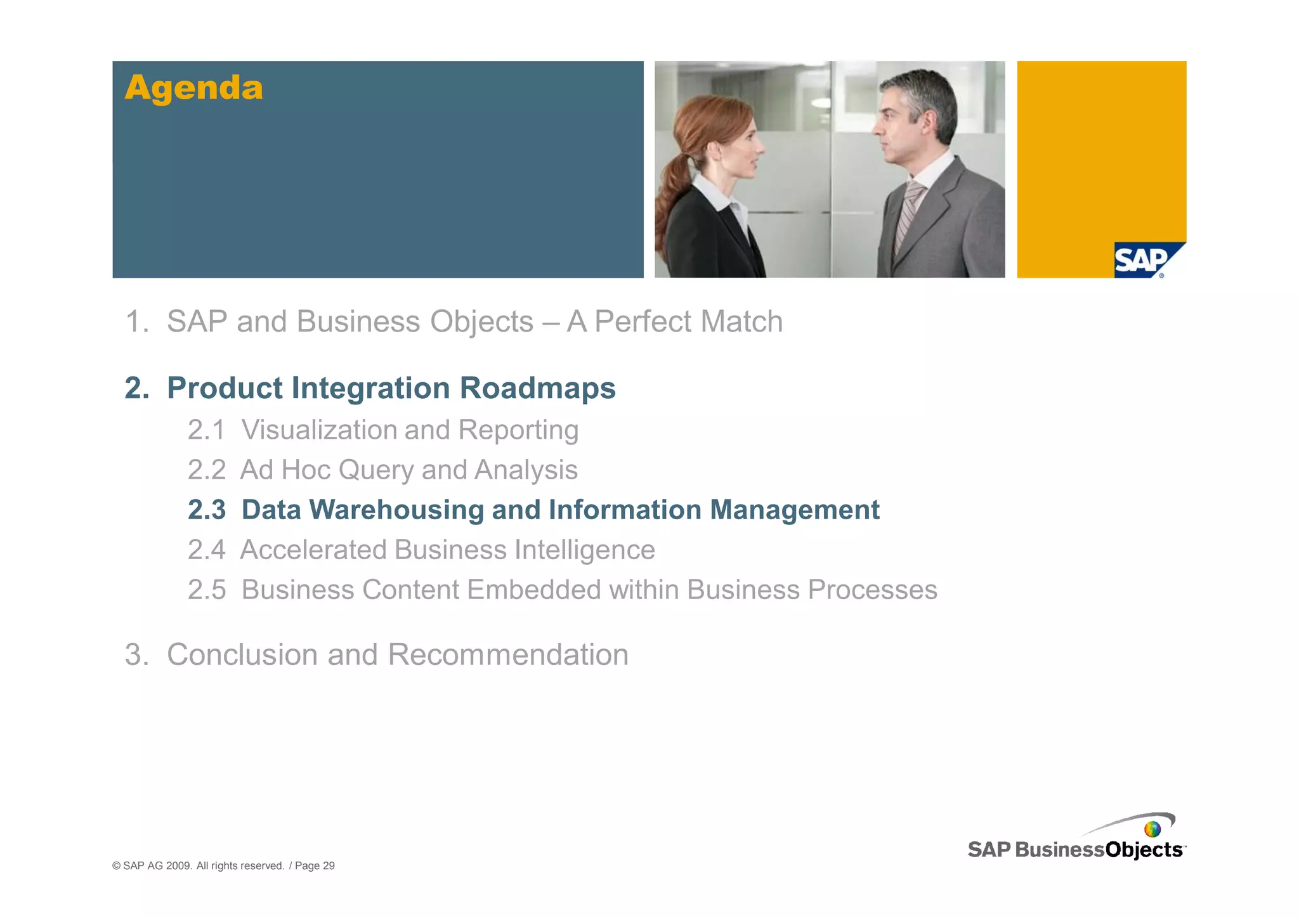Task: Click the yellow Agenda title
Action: tap(193, 87)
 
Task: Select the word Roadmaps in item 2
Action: tap(537, 388)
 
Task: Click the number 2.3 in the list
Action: tap(207, 510)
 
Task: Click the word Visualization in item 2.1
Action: tap(318, 430)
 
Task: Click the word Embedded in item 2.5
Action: tap(535, 590)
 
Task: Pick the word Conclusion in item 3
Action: tap(242, 654)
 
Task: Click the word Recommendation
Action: tap(508, 654)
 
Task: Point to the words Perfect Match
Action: tap(688, 321)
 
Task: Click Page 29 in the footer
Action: tap(315, 866)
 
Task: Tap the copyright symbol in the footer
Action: tap(116, 866)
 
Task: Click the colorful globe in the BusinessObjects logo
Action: tap(1152, 829)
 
